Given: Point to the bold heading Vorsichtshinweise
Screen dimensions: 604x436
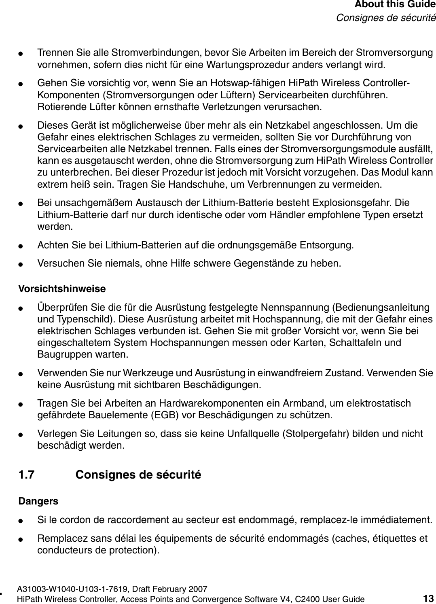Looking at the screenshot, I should [x=62, y=289].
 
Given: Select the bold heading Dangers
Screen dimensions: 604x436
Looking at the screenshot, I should [x=38, y=501].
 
